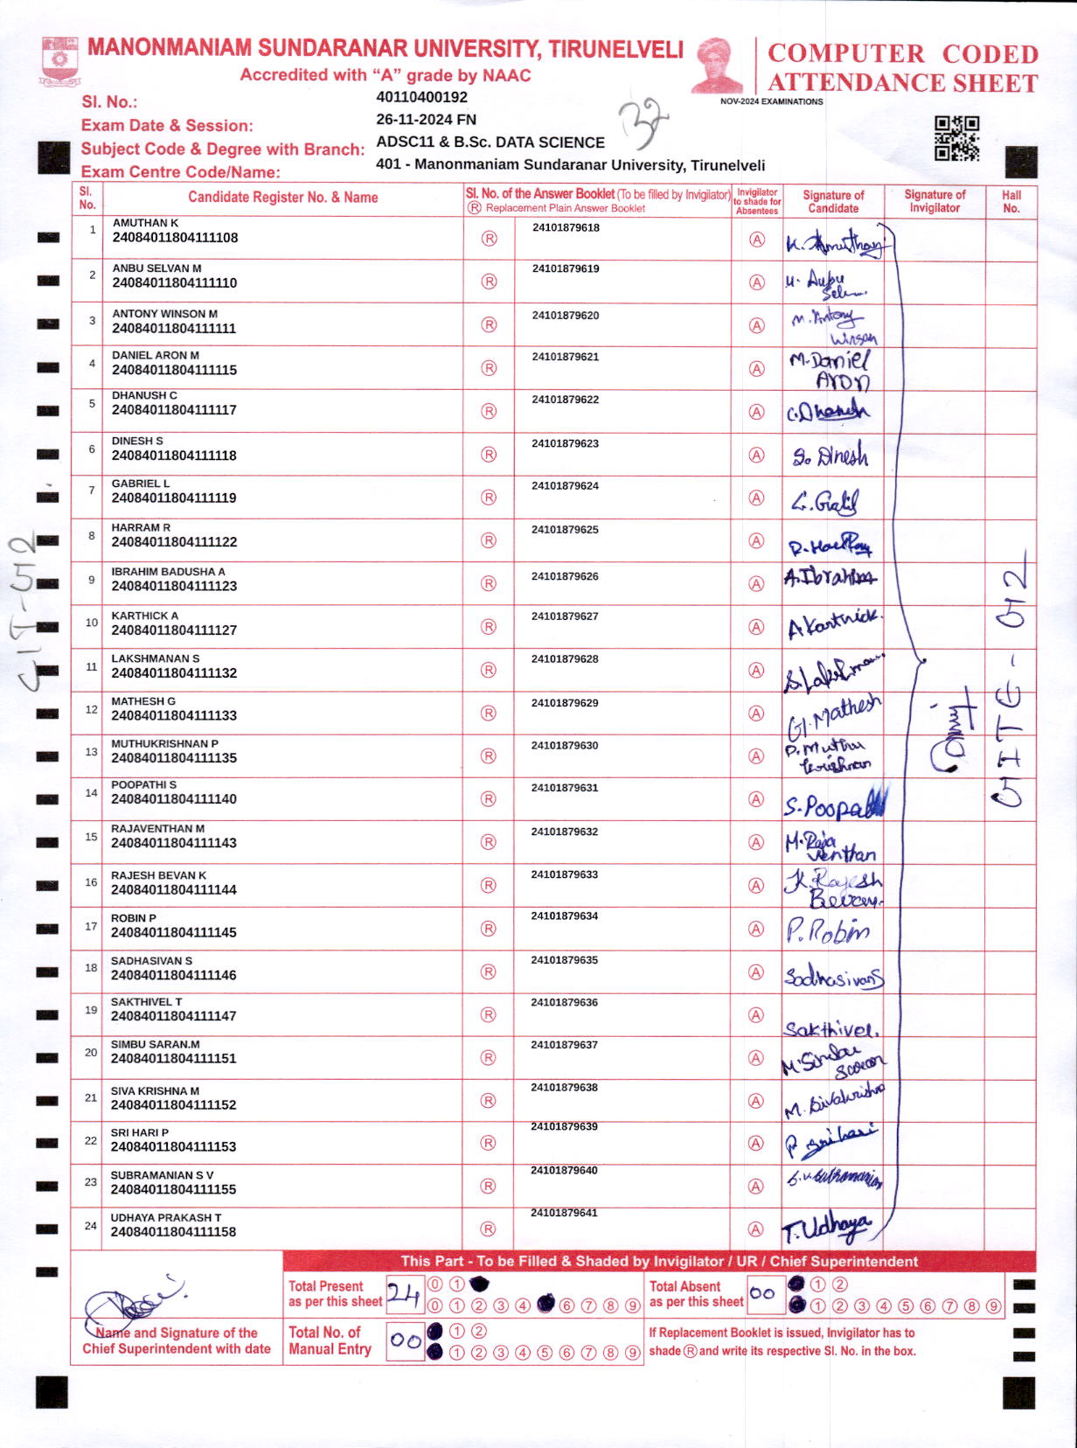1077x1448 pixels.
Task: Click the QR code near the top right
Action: point(956,138)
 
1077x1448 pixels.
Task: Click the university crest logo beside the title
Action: point(59,60)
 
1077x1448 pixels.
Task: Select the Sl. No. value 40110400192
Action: point(421,97)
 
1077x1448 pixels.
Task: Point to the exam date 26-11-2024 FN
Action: point(426,119)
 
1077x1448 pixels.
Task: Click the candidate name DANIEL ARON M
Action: point(156,355)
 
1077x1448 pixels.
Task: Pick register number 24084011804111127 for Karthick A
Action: point(174,630)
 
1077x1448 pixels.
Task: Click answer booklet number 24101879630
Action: point(565,746)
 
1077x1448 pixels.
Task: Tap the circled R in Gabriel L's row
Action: point(489,498)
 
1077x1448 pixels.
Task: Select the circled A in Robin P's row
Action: point(757,929)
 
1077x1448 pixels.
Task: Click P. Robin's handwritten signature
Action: point(827,931)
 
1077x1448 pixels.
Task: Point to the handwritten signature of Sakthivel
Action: point(830,1028)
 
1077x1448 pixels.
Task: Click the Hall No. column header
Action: point(1011,201)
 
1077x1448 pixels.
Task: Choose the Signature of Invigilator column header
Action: point(935,201)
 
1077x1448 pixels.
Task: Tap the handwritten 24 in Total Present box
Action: point(404,1294)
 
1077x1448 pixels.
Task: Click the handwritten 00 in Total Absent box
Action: point(762,1293)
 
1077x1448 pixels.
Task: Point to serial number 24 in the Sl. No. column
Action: point(91,1226)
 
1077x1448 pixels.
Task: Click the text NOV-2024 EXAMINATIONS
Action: point(771,101)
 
